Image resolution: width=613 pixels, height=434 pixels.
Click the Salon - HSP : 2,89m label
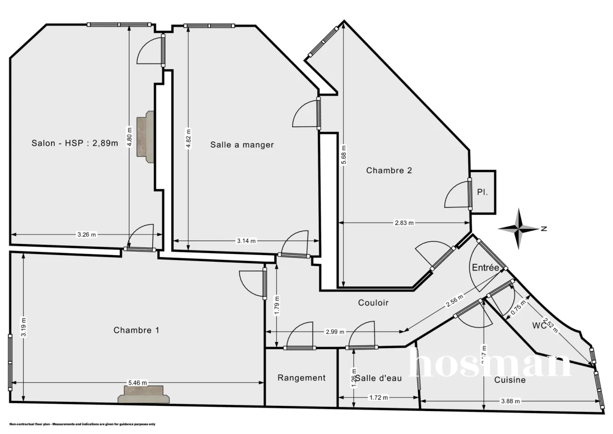pyautogui.click(x=75, y=144)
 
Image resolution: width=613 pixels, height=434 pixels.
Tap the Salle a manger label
pyautogui.click(x=242, y=145)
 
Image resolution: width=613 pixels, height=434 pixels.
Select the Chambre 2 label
pyautogui.click(x=389, y=171)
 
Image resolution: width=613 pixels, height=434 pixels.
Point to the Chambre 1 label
pyautogui.click(x=136, y=330)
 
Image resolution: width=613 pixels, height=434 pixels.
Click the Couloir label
pyautogui.click(x=373, y=303)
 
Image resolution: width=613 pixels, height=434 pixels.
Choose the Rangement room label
pyautogui.click(x=301, y=378)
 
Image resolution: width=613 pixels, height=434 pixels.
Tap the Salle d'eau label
pyautogui.click(x=379, y=378)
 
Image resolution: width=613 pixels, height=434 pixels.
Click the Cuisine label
pyautogui.click(x=510, y=380)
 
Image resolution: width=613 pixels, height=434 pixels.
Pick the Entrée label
pyautogui.click(x=485, y=267)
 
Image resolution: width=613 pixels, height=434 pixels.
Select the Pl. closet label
pyautogui.click(x=482, y=193)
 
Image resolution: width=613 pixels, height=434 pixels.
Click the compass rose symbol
pyautogui.click(x=519, y=229)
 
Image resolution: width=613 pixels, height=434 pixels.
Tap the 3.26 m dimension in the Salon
pyautogui.click(x=86, y=235)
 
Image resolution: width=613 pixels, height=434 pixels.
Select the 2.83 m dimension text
pyautogui.click(x=404, y=223)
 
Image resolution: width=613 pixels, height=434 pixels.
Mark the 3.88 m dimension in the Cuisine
pyautogui.click(x=510, y=401)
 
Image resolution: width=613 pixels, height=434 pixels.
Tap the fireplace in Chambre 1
pyautogui.click(x=143, y=395)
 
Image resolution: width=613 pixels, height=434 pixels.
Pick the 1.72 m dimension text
pyautogui.click(x=378, y=398)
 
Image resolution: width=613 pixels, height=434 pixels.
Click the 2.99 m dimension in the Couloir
pyautogui.click(x=335, y=331)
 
